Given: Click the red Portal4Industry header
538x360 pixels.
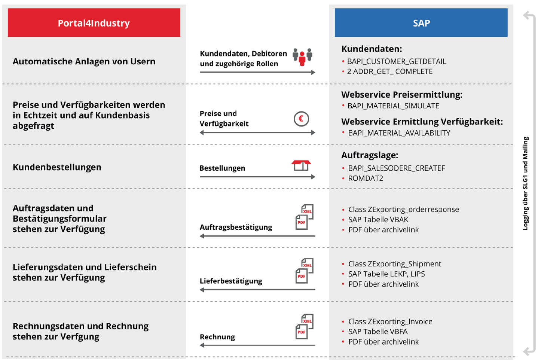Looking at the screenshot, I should (94, 23).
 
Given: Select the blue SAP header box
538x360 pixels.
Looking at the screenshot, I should (421, 23).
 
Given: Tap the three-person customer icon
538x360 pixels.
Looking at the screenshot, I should (302, 57).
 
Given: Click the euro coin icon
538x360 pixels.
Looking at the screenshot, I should (301, 119).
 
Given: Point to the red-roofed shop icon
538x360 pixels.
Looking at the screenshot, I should (301, 165).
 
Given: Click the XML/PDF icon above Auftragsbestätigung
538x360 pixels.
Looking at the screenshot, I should (305, 217).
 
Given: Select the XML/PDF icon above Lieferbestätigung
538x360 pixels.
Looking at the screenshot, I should (305, 271).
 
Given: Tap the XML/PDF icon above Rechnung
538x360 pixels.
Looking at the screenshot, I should (305, 326).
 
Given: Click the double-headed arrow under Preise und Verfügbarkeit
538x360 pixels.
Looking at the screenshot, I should (257, 132).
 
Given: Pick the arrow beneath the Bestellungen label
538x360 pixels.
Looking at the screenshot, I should (257, 177).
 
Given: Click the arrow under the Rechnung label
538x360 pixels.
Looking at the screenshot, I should (257, 345).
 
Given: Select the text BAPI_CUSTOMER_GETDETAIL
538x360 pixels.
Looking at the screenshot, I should (396, 61).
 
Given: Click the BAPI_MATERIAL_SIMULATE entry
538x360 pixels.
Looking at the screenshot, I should (393, 106).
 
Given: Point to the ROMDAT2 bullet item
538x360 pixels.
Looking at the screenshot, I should (365, 179).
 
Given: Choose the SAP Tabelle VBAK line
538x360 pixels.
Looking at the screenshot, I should (378, 220).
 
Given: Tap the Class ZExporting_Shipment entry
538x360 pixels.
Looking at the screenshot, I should (394, 264).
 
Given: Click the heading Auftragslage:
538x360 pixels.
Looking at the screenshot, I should (369, 155).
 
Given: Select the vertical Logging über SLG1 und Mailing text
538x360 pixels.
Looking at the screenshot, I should (526, 183).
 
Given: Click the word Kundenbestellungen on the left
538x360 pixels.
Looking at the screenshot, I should (57, 167).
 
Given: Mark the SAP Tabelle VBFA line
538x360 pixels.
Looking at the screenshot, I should (377, 332).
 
